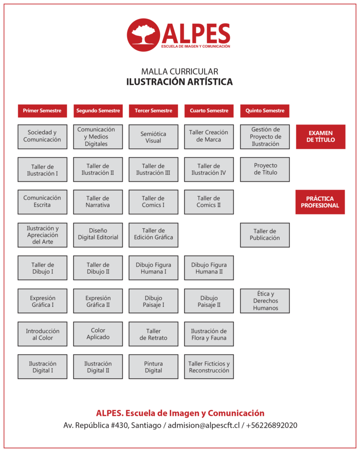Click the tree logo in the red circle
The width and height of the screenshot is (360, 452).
[x=143, y=35]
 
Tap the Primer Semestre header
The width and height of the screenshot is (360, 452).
[x=42, y=111]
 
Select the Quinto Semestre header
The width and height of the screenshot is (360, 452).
[x=265, y=111]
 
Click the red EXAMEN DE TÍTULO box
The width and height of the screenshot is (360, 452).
[x=321, y=136]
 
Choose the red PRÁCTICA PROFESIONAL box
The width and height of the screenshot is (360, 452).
[x=320, y=202]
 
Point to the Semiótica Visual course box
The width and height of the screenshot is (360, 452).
[x=154, y=137]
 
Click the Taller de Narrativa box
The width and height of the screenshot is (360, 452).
[x=98, y=202]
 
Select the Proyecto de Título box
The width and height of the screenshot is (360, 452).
[x=265, y=169]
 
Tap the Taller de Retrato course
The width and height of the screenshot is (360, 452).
[x=154, y=334]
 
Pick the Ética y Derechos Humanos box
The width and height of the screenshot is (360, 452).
[x=265, y=301]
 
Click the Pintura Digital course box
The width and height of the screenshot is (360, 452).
[x=154, y=367]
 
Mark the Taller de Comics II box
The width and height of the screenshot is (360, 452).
[x=209, y=202]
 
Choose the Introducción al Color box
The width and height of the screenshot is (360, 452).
[x=42, y=334]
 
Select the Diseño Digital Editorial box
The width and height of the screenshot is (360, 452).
[x=98, y=234]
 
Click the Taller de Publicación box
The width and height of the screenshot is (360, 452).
[x=265, y=234]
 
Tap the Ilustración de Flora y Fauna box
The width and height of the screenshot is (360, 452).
[x=209, y=334]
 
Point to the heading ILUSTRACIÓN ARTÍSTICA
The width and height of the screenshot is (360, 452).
[x=180, y=82]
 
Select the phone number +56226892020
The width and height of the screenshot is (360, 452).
[x=272, y=426]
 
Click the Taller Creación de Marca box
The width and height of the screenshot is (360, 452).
[x=209, y=136]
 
